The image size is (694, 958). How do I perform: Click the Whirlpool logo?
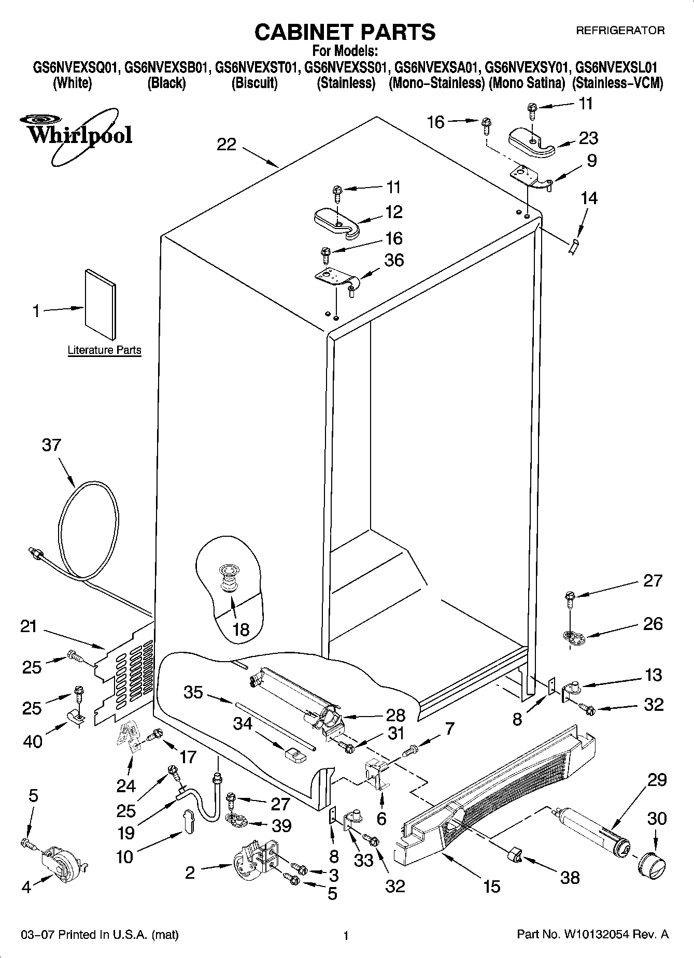[x=78, y=135]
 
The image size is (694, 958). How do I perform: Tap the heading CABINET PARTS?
[x=345, y=32]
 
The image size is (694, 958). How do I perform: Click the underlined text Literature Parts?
[x=104, y=350]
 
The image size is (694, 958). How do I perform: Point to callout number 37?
[x=51, y=445]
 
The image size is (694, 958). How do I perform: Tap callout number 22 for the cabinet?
[x=226, y=144]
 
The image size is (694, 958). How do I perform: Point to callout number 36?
[x=394, y=260]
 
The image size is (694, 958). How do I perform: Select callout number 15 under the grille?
[x=491, y=886]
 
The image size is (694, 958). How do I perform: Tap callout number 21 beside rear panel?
[x=29, y=626]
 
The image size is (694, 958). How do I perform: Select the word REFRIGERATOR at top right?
[x=620, y=31]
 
